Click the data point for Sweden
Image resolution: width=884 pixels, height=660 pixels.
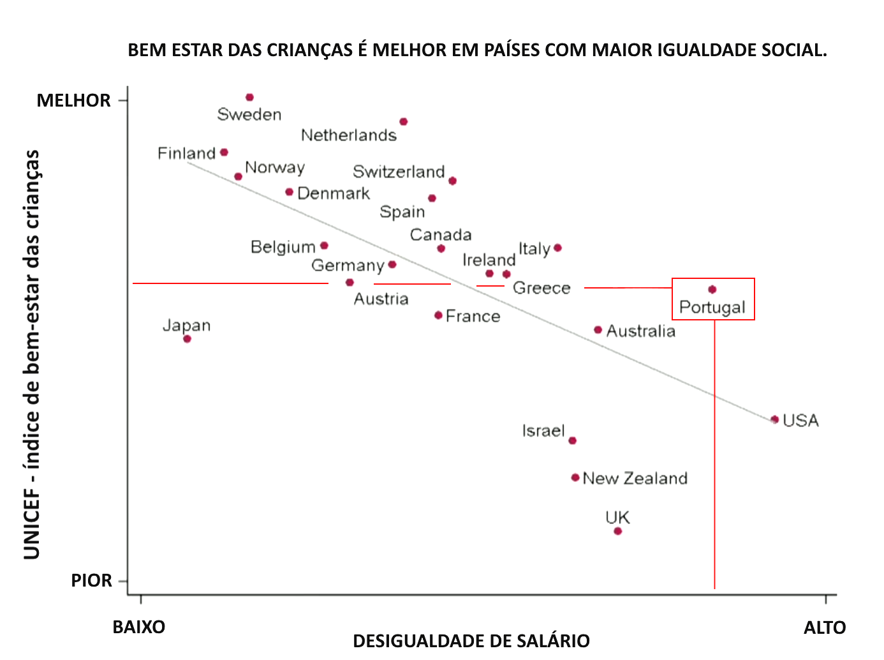pos(249,98)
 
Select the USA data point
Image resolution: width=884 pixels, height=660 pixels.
pos(774,419)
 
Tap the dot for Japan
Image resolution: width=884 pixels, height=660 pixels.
pos(187,339)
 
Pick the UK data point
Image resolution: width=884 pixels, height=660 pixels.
pos(617,531)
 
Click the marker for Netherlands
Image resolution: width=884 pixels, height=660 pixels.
pos(403,122)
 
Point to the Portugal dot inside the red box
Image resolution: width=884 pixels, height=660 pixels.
pos(712,290)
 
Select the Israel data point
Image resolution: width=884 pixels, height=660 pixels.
pos(572,440)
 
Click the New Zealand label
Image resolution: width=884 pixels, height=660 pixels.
pos(635,478)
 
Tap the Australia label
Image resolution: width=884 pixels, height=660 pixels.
pos(640,331)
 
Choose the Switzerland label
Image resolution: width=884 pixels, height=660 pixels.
pos(399,172)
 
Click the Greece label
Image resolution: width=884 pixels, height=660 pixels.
pos(541,288)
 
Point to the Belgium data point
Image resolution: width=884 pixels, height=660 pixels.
pos(324,246)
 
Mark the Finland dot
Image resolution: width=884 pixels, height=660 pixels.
pos(224,153)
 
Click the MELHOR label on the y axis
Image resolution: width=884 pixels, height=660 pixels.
pos(73,100)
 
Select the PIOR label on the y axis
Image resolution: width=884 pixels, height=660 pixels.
pos(91,580)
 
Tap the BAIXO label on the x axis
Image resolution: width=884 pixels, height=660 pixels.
pos(138,627)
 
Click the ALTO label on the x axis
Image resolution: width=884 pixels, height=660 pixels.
pos(824,627)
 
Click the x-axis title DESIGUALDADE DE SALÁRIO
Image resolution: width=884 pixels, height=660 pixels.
pos(471,640)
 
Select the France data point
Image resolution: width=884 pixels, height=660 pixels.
pos(438,315)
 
